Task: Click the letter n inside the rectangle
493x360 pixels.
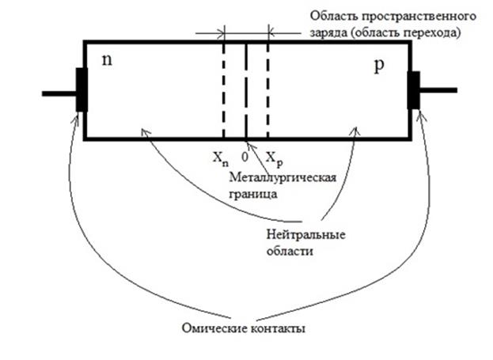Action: click(107, 60)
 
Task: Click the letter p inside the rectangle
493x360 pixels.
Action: click(380, 66)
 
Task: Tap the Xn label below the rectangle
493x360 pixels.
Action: click(221, 158)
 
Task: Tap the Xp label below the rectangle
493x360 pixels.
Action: click(275, 159)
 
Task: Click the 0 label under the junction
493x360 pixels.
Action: click(245, 157)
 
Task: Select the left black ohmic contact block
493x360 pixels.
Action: click(82, 89)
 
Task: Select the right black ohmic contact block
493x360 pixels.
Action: click(414, 90)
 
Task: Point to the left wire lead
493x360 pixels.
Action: click(59, 93)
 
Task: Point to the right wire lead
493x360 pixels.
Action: click(438, 90)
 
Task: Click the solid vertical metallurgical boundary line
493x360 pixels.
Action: click(246, 91)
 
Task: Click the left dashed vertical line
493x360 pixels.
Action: click(223, 91)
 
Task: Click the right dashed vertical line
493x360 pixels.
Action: click(268, 91)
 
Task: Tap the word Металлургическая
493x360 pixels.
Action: click(283, 178)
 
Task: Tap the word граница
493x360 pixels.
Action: click(253, 195)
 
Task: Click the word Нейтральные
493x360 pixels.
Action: click(306, 235)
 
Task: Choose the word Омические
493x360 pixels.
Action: click(214, 328)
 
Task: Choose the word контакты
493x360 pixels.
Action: click(278, 329)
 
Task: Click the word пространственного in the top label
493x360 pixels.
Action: click(419, 17)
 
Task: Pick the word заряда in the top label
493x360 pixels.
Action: click(328, 33)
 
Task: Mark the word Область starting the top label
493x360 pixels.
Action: click(334, 16)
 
